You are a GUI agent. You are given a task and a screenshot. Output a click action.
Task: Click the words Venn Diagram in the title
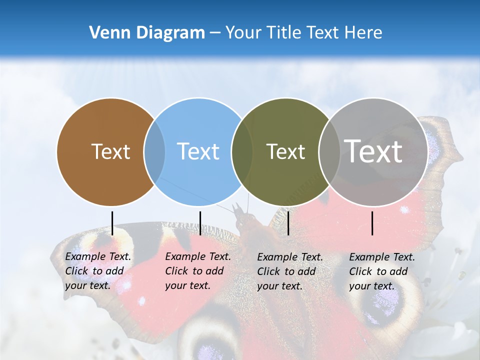[147, 33]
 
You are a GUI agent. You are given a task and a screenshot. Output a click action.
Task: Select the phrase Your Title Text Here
[303, 33]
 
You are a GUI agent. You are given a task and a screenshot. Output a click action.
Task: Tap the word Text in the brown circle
[110, 151]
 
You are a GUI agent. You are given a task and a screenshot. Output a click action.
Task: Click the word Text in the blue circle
[198, 151]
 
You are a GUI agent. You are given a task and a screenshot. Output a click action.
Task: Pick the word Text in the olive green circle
[285, 151]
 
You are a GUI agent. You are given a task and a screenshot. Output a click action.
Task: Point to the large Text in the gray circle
[373, 151]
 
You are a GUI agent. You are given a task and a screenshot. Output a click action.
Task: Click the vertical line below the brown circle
[112, 223]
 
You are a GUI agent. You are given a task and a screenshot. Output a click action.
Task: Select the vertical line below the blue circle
[200, 223]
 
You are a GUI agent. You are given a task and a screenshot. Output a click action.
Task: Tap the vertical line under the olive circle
[288, 223]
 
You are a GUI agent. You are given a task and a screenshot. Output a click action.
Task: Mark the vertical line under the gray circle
[372, 223]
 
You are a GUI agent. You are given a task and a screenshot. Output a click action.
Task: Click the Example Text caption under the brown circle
[98, 271]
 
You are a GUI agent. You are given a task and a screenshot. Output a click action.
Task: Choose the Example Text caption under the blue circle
[198, 271]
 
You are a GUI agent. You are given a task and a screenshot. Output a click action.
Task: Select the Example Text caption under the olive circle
[290, 271]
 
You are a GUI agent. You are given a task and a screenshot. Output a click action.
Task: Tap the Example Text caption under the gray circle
[382, 271]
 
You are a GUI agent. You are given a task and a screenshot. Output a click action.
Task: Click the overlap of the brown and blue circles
[154, 151]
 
